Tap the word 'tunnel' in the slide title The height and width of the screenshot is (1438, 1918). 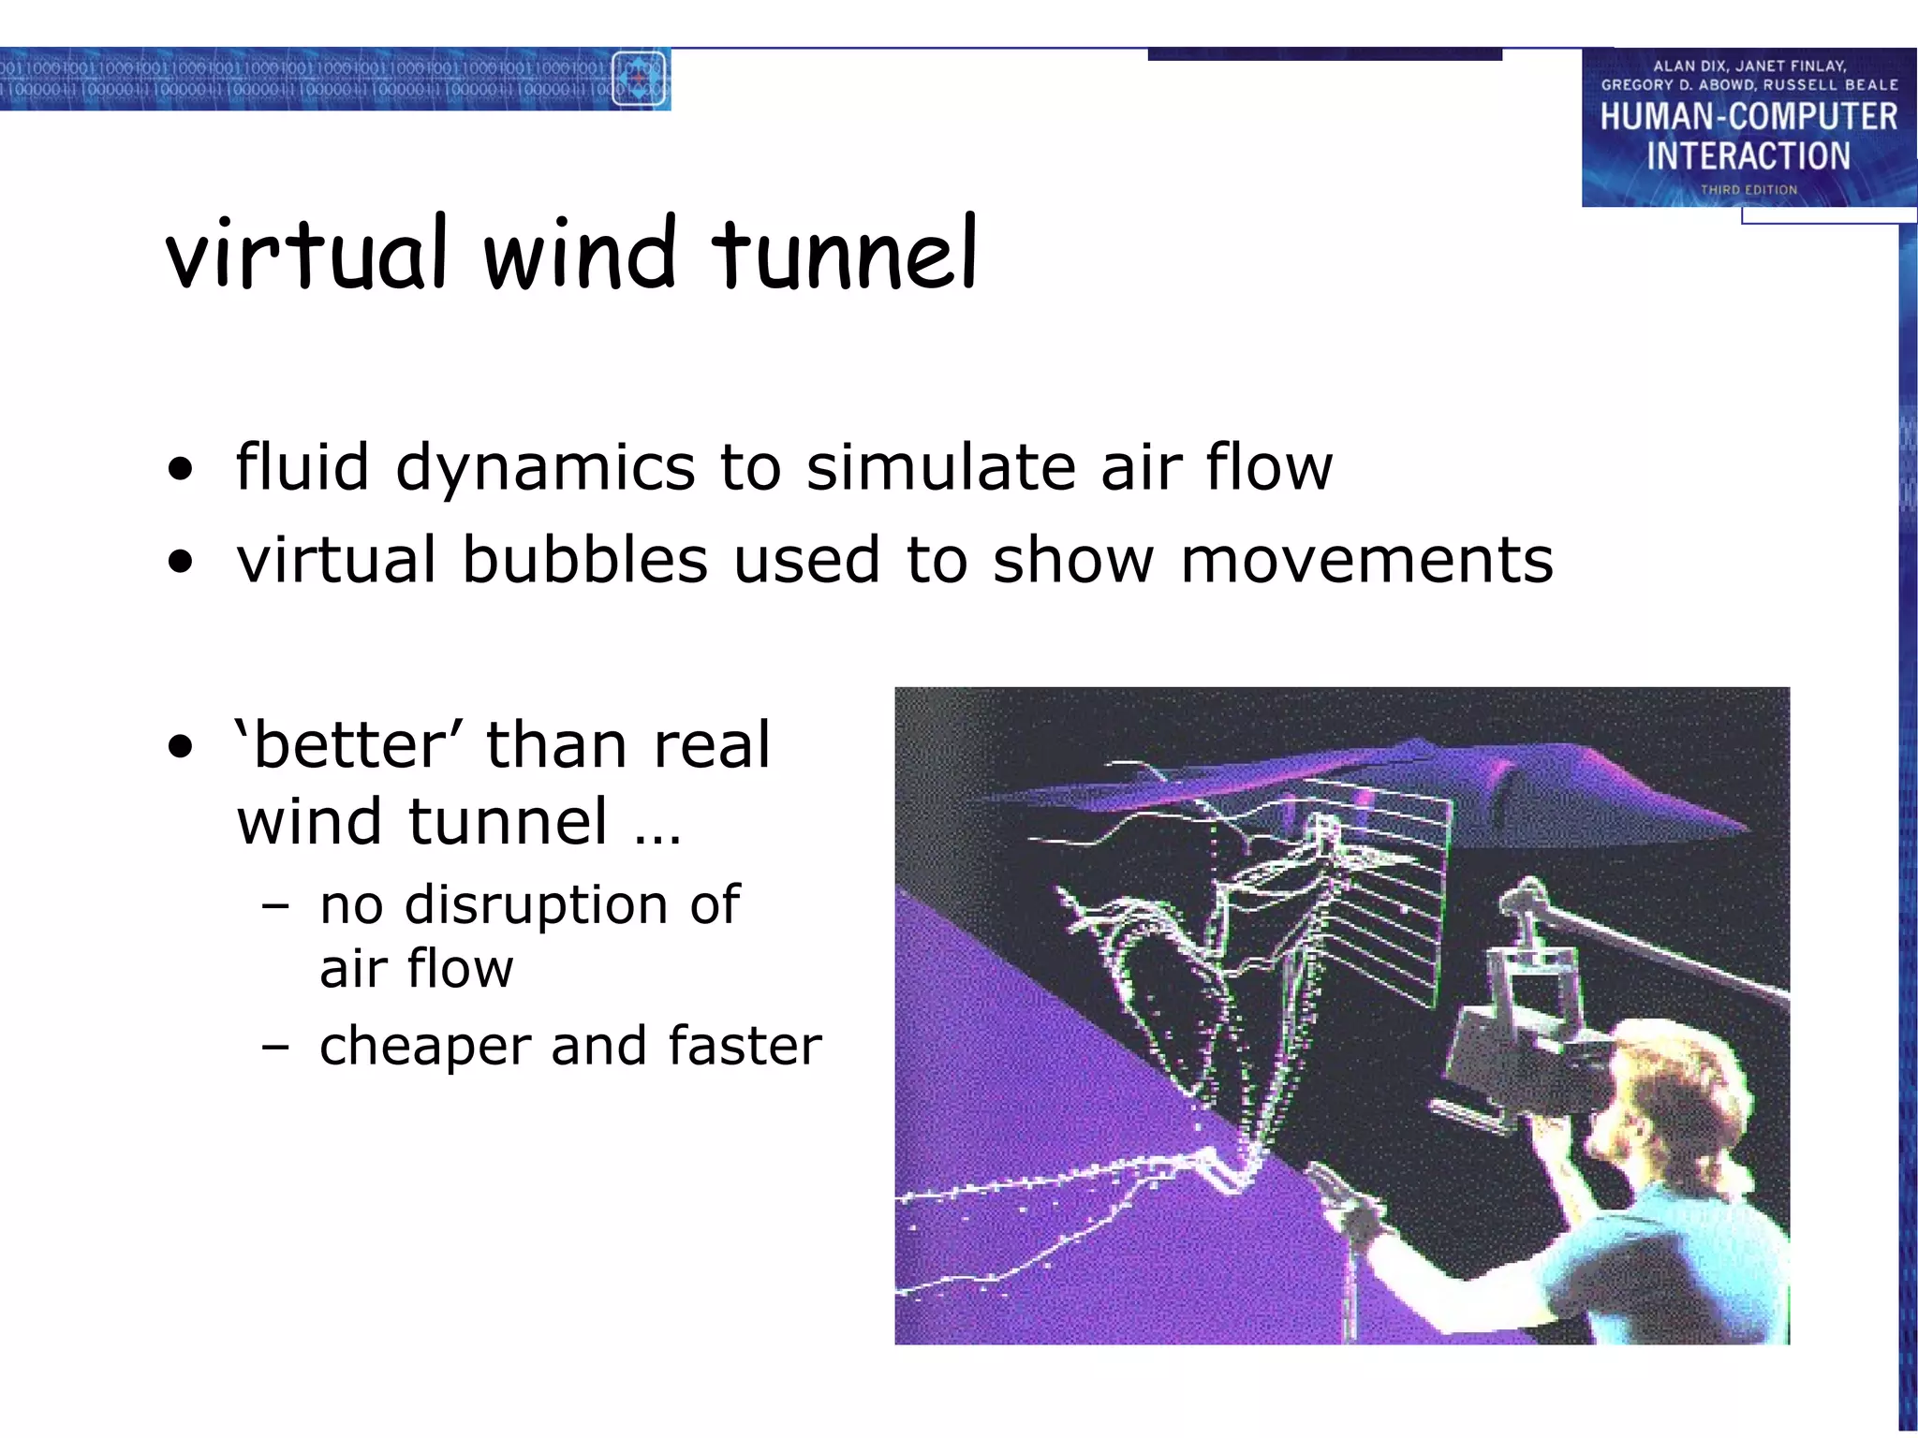click(845, 253)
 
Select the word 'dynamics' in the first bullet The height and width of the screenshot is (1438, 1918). click(545, 468)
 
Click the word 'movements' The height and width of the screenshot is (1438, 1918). click(1366, 560)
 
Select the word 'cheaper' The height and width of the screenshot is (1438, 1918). click(425, 1046)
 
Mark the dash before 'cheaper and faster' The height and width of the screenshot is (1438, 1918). click(275, 1047)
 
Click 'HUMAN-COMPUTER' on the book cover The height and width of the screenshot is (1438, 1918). click(1748, 117)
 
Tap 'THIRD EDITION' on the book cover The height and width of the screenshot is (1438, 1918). click(1748, 190)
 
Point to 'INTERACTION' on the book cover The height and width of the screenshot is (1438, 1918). click(1748, 155)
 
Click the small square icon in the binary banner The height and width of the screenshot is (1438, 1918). click(639, 79)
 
